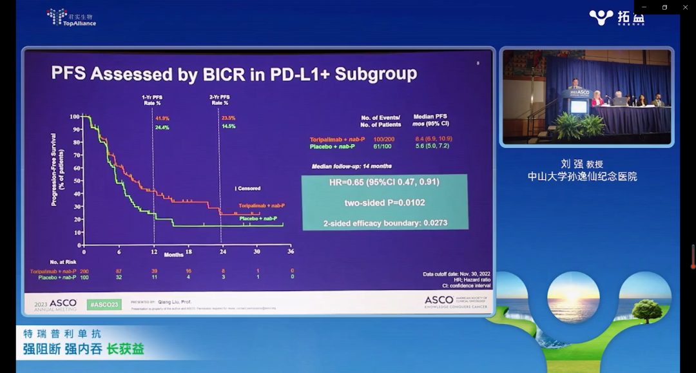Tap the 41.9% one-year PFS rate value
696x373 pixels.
162,118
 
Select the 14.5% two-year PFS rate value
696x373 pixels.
229,127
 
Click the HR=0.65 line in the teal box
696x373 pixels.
384,182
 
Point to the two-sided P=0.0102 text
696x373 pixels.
384,203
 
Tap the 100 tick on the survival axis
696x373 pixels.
75,117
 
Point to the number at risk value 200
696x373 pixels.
84,271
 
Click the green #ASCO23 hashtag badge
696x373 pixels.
104,304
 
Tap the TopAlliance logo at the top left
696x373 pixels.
72,17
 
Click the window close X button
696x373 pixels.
685,7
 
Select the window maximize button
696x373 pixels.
664,7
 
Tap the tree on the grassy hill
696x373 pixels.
646,311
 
